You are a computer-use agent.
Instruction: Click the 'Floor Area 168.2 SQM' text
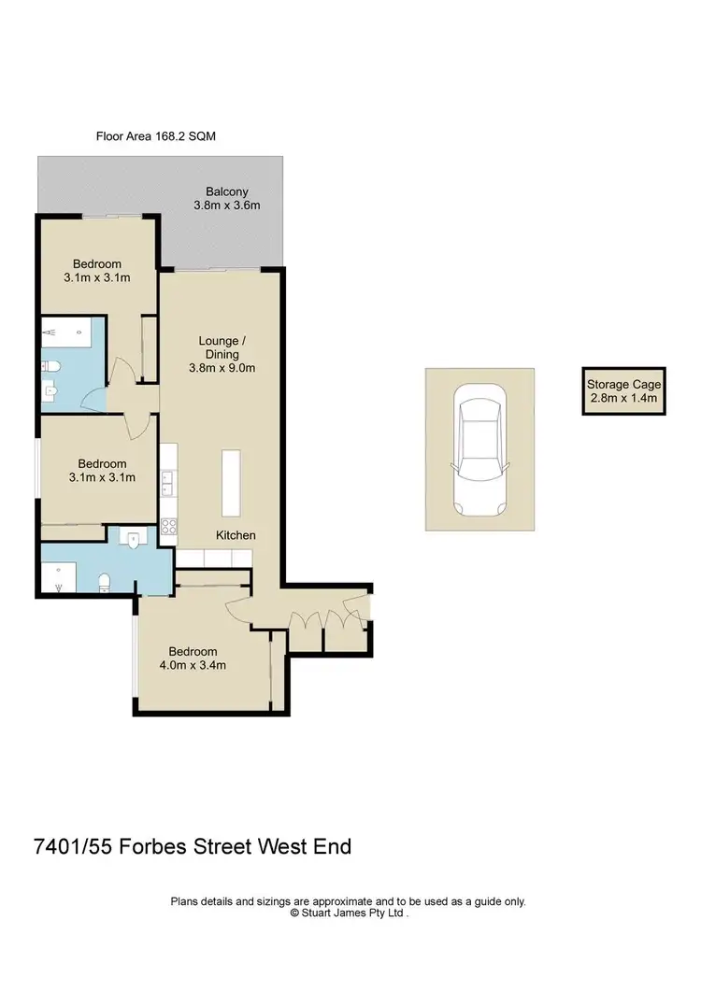tap(156, 136)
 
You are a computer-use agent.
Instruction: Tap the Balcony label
tap(226, 191)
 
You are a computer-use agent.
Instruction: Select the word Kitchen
tap(236, 535)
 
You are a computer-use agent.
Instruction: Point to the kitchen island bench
tap(230, 483)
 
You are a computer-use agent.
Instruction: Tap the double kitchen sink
tap(169, 483)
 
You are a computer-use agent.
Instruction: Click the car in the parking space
tap(479, 450)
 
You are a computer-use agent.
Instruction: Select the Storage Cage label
tap(623, 384)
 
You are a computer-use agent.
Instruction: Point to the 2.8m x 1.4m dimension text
tap(623, 398)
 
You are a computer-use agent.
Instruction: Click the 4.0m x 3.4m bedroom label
tap(193, 665)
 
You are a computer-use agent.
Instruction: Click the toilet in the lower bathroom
tap(106, 584)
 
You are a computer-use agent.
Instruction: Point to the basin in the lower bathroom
tap(134, 539)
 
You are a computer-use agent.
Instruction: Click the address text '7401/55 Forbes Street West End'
tap(192, 847)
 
